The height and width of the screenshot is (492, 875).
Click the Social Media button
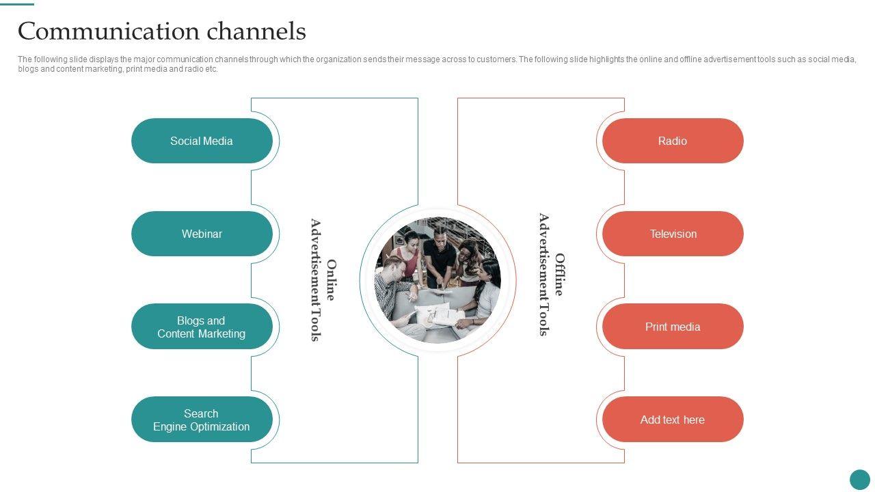(202, 141)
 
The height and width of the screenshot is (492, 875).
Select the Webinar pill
(202, 234)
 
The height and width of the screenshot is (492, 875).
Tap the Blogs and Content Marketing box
(202, 327)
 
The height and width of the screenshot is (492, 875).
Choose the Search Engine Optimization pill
(202, 420)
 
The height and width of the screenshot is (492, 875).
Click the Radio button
(673, 141)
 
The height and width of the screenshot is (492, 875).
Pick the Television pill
(673, 234)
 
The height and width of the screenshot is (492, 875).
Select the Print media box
(673, 327)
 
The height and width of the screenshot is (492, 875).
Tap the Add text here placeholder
(673, 420)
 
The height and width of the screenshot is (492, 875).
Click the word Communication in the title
(109, 31)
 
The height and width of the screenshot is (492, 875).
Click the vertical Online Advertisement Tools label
(323, 280)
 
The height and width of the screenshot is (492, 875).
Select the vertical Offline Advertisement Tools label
(551, 275)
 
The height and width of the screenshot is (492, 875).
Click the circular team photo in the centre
(438, 279)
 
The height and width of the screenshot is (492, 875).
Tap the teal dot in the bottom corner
(859, 479)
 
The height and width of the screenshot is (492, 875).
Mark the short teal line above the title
(17, 3)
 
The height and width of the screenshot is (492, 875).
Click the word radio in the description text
(193, 69)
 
